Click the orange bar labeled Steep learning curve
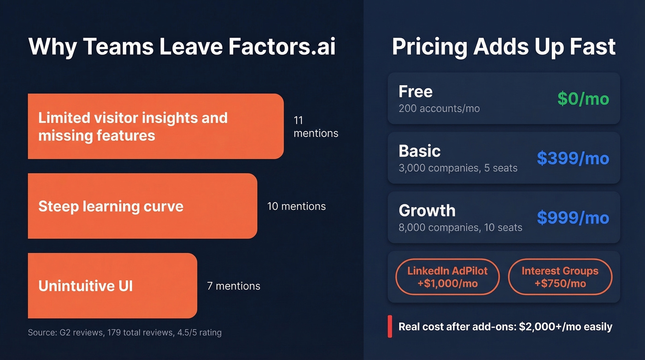point(142,206)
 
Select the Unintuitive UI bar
point(112,286)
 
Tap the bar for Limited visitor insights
point(156,126)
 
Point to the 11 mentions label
point(316,127)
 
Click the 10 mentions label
point(296,206)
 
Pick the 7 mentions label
point(234,286)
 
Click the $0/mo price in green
point(583,98)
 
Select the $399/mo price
point(573,158)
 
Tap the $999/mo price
point(573,218)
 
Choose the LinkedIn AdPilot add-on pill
point(447,277)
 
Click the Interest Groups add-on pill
point(560,277)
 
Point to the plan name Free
point(416,91)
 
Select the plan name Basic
point(419,151)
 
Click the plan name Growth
point(427,210)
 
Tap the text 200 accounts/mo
point(439,109)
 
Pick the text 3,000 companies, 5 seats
point(458,168)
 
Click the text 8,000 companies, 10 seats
point(460,227)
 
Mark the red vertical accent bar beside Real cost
point(390,326)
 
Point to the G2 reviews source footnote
point(124,332)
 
